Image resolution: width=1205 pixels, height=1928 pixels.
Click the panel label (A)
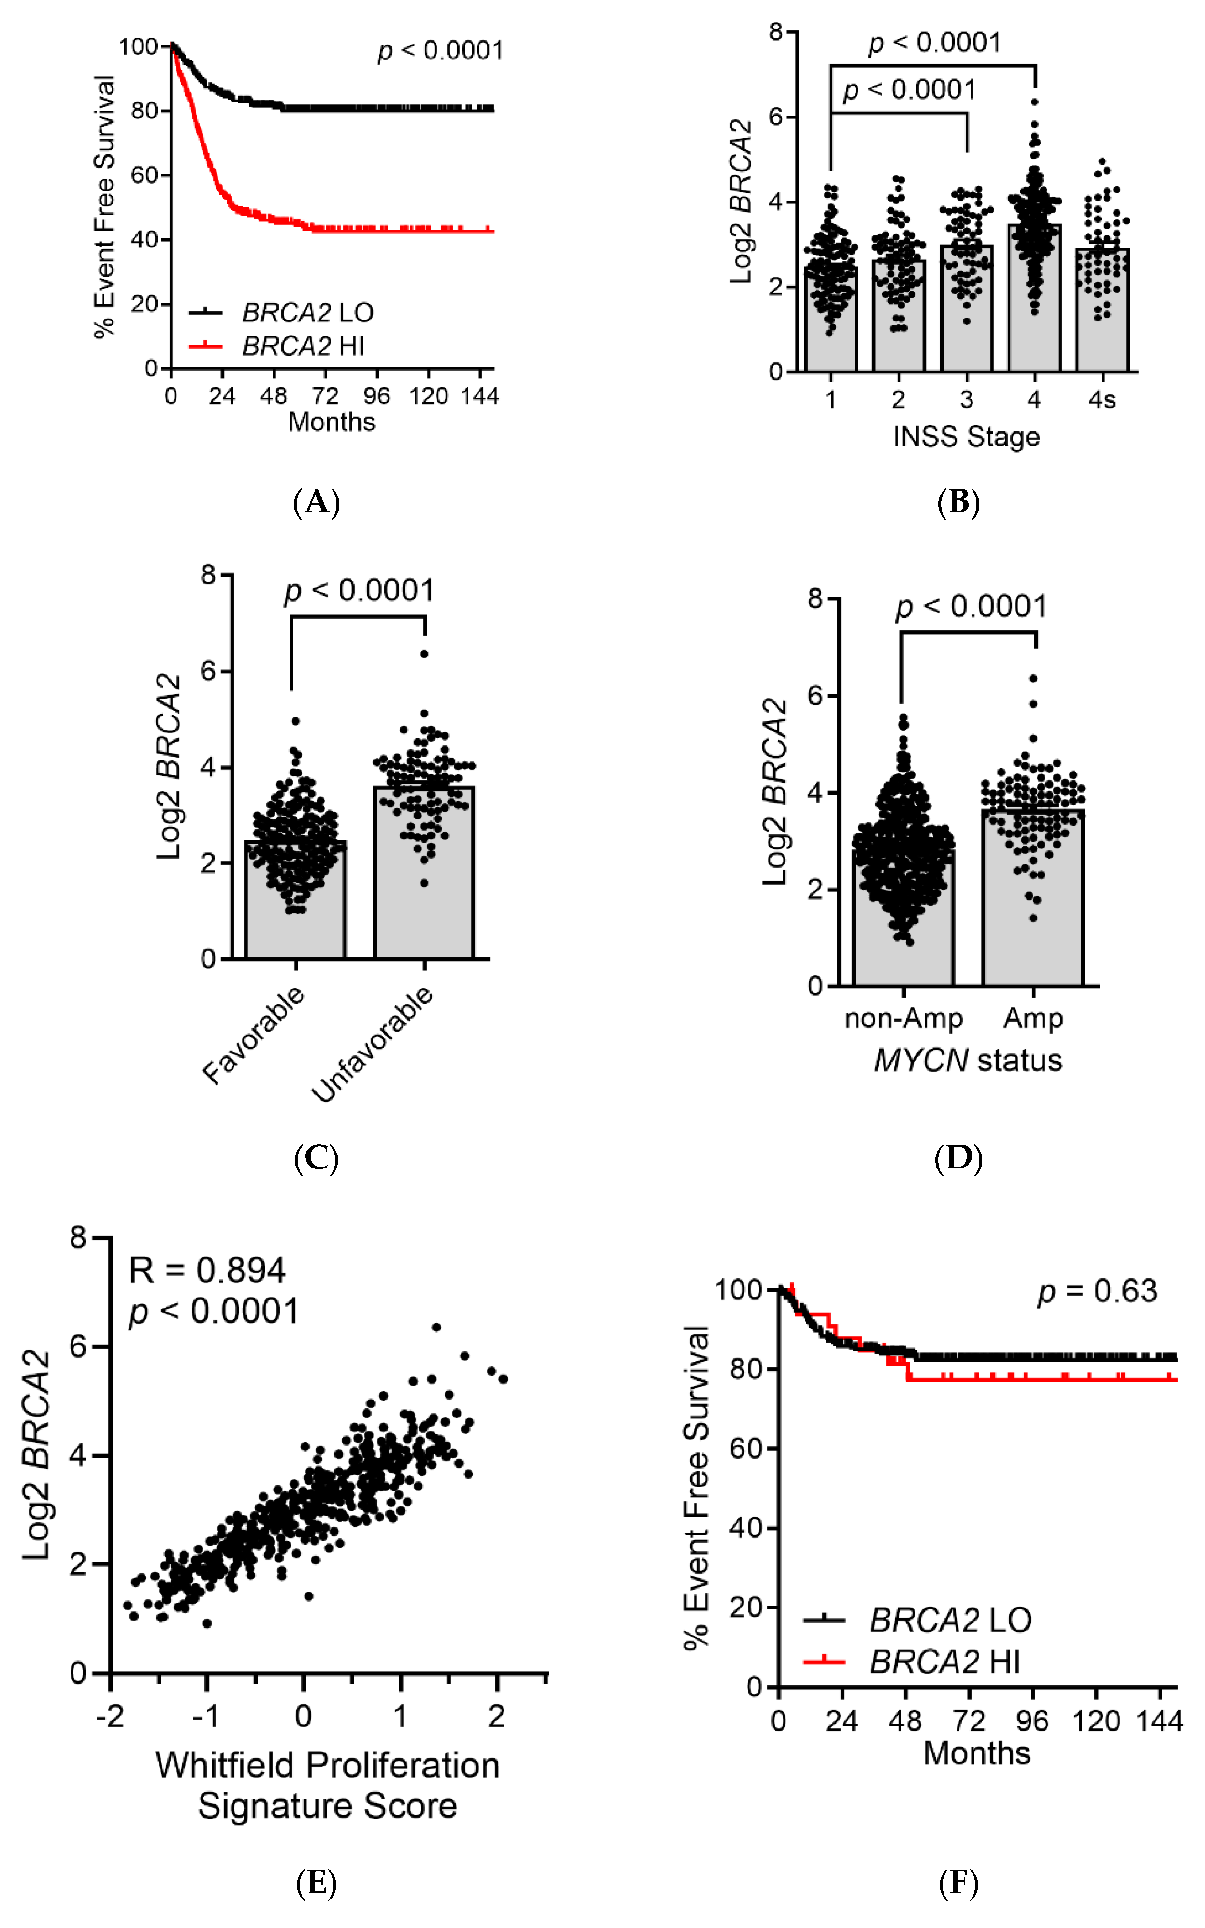coord(317,502)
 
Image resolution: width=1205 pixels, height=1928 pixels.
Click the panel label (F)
coord(958,1884)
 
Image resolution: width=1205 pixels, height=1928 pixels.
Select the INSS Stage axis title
coord(966,437)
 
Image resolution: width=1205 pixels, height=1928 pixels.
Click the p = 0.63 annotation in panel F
coord(1097,1291)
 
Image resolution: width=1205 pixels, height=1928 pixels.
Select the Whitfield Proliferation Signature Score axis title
coord(327,1785)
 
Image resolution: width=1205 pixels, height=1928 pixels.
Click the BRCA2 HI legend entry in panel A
coord(303,346)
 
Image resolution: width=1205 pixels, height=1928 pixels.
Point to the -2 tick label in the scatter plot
coord(110,1716)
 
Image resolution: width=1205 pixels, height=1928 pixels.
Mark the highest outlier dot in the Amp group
coord(1033,678)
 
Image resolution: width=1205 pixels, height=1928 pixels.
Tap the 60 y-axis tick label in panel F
coord(745,1448)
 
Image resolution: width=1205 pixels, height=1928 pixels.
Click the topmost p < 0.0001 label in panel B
coord(934,42)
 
